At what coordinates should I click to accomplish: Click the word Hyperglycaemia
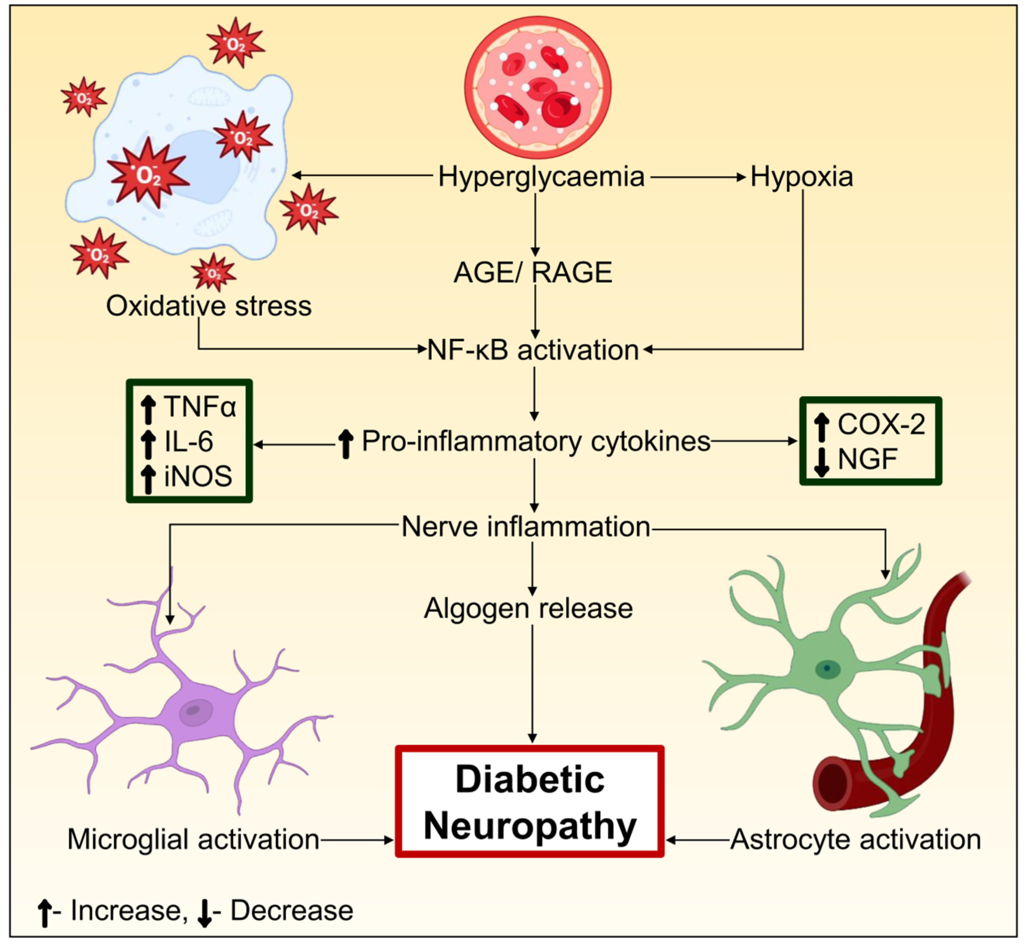click(541, 177)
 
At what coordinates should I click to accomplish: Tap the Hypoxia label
click(802, 177)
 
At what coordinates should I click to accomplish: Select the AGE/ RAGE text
click(533, 272)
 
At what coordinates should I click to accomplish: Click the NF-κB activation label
click(533, 351)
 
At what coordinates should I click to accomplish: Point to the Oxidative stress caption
click(209, 306)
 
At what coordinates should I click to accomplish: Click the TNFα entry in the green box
click(200, 407)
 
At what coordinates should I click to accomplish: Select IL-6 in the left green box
click(189, 441)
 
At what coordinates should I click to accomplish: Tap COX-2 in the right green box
click(881, 424)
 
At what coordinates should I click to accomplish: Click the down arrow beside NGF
click(821, 461)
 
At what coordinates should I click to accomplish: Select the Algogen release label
click(528, 609)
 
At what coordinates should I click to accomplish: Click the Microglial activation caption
click(193, 840)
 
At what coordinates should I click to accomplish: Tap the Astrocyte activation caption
click(856, 840)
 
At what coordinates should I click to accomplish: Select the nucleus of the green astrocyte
click(826, 668)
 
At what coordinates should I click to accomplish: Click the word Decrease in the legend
click(292, 911)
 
